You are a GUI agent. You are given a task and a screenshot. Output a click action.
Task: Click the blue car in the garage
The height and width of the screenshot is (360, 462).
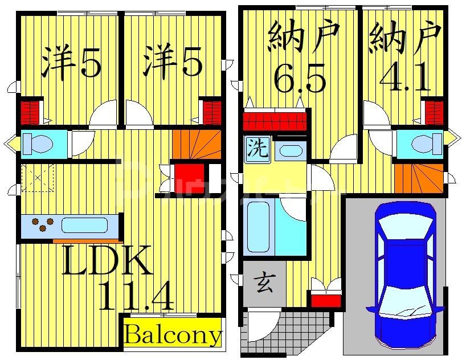pos(405,273)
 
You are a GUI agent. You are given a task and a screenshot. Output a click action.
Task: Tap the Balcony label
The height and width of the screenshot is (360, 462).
pos(172,335)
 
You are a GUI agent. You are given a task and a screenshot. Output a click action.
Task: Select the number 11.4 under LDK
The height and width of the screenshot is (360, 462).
pos(136,296)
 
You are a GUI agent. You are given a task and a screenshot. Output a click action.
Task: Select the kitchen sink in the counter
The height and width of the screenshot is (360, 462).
pos(84,225)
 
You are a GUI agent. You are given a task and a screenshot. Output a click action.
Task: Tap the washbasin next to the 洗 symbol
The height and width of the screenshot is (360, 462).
pos(291,151)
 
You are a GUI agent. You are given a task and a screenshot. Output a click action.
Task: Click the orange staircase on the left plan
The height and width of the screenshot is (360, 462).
pos(197,145)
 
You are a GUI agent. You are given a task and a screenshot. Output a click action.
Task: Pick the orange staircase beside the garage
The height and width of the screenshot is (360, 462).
pos(419,176)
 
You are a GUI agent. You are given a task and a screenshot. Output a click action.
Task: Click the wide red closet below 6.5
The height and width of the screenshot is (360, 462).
pos(276,120)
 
